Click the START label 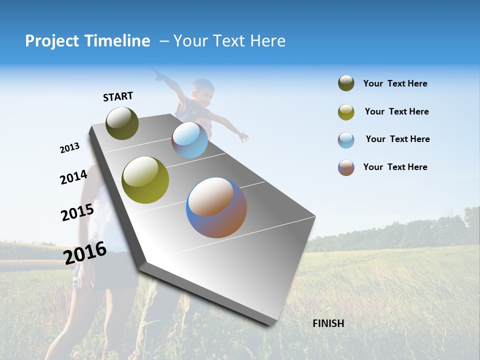tap(118, 96)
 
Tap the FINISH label tap(328, 323)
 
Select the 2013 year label tap(69, 148)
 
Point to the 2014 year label tap(73, 177)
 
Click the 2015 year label tap(77, 212)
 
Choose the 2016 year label tap(85, 252)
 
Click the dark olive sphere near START tap(122, 123)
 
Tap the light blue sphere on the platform tap(189, 140)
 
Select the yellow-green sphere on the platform tap(145, 180)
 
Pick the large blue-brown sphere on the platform tap(216, 207)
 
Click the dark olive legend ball tap(346, 83)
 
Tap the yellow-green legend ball tap(346, 112)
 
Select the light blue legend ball tap(346, 140)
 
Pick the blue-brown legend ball tap(346, 167)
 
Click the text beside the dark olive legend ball tap(395, 83)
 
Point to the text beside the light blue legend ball tap(397, 139)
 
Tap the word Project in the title tap(52, 41)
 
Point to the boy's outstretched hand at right tap(243, 136)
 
